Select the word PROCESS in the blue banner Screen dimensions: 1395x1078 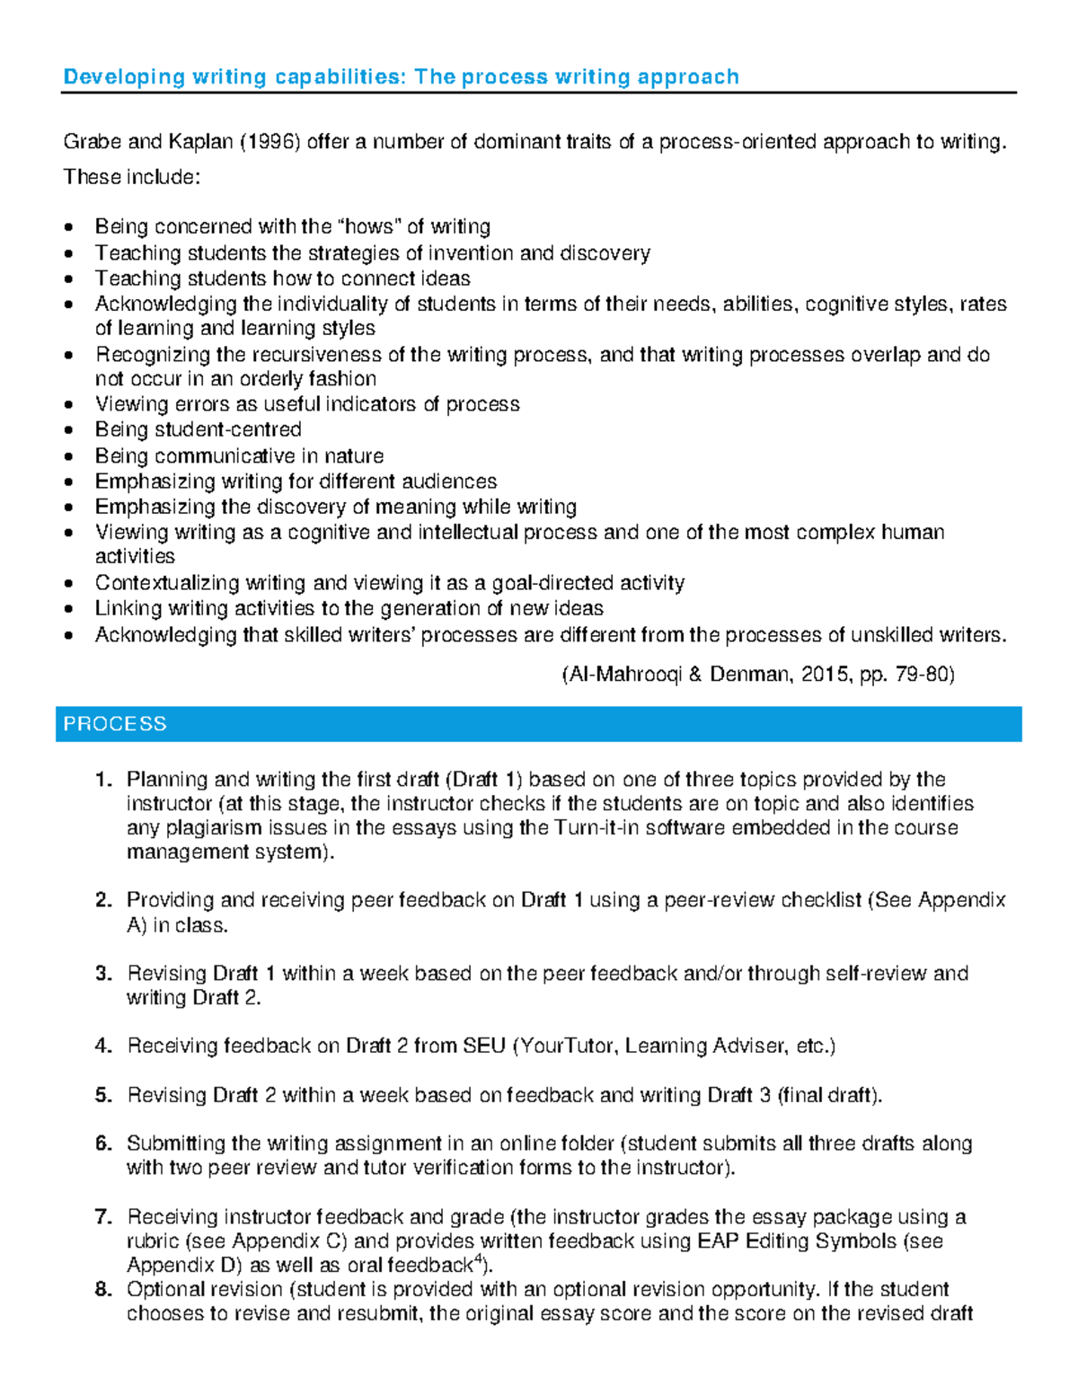(115, 724)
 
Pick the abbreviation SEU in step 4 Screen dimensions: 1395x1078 (484, 1046)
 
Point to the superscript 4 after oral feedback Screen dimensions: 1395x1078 (478, 1260)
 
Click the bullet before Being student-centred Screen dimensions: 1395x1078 (70, 431)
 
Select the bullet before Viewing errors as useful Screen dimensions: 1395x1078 (70, 406)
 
